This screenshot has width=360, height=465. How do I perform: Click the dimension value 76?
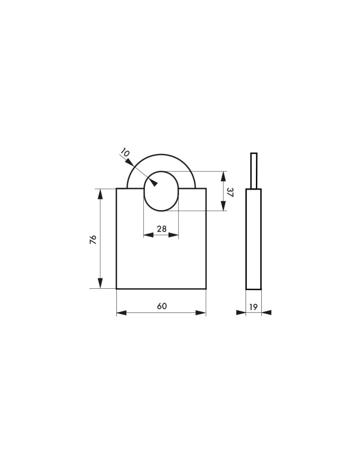pos(93,239)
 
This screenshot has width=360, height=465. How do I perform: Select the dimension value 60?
pos(162,306)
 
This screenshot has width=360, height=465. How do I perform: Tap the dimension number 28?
pos(162,229)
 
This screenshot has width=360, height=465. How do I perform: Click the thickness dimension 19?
pos(254,307)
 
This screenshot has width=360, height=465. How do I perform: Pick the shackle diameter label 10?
pos(125,153)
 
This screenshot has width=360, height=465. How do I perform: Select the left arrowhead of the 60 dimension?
pos(121,312)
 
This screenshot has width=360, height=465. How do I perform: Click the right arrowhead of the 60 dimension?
pos(201,312)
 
